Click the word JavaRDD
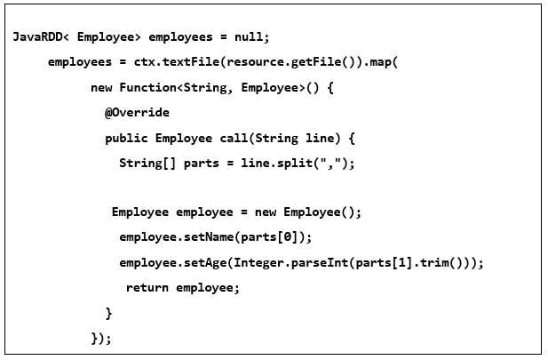(37, 36)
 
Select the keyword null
(249, 36)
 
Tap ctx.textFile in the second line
(177, 62)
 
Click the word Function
(147, 87)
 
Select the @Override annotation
(137, 113)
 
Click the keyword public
(126, 138)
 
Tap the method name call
(234, 138)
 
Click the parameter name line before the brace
(320, 138)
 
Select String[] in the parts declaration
(147, 164)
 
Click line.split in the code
(276, 164)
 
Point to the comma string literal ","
(328, 163)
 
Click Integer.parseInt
(290, 263)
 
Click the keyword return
(147, 288)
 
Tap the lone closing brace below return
(108, 313)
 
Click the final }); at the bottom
(101, 339)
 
